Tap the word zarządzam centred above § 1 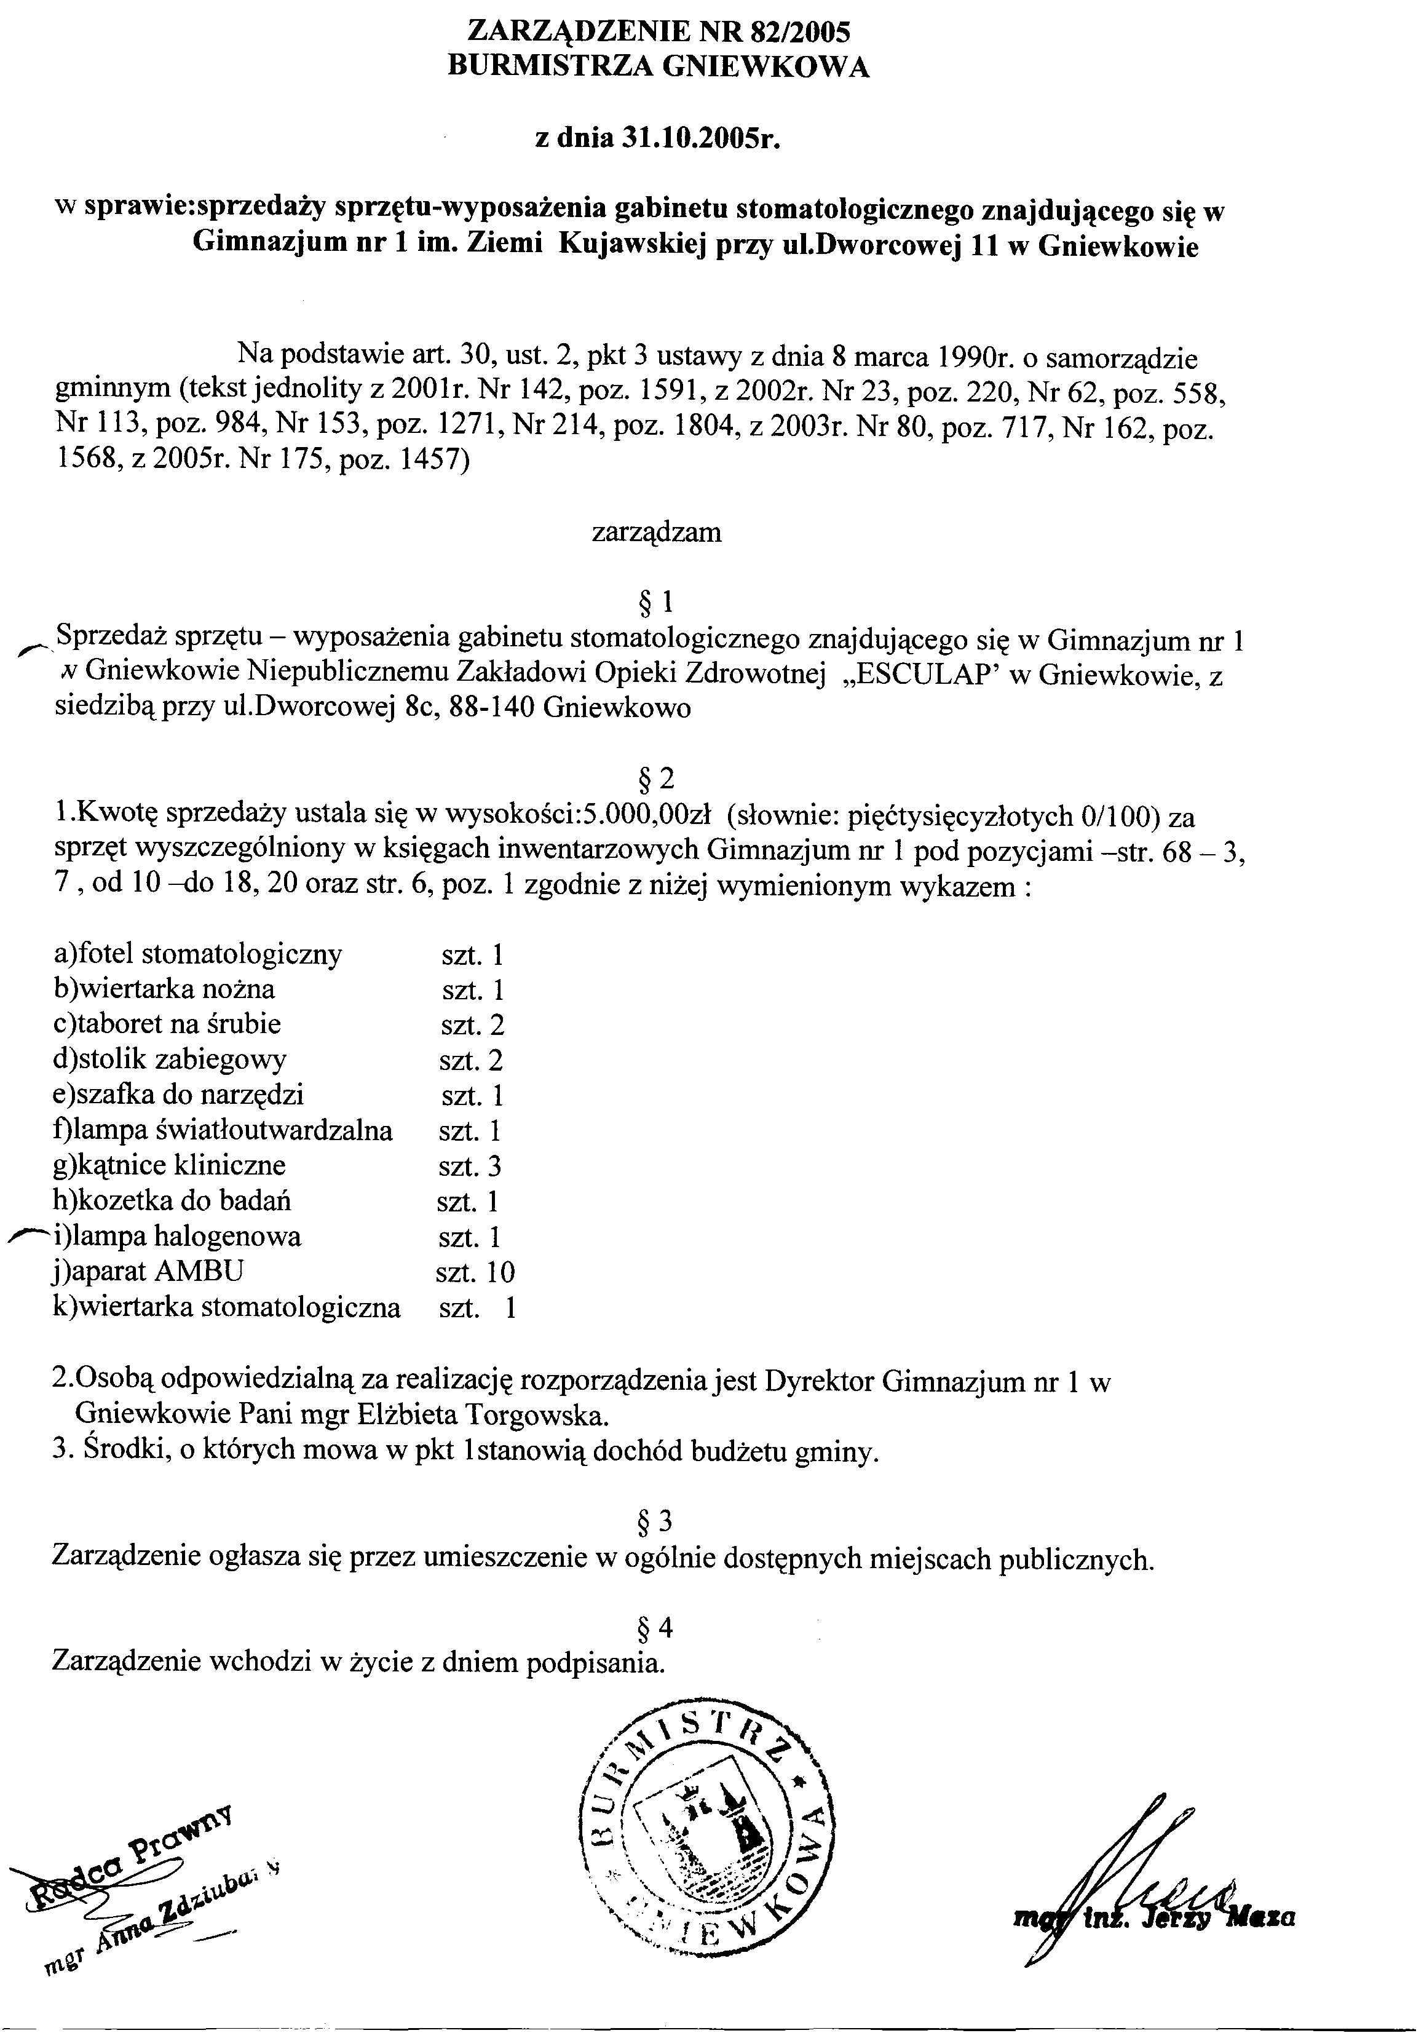(x=656, y=533)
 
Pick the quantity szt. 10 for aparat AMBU (x=475, y=1272)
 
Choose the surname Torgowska (x=539, y=1415)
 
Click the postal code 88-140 (x=491, y=709)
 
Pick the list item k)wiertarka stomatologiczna (x=227, y=1308)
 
